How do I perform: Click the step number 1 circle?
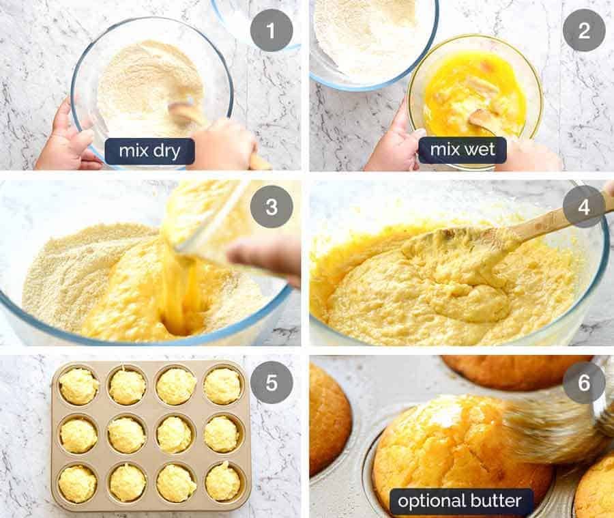pos(272,31)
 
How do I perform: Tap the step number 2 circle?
pos(584,31)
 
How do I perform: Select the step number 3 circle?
pos(272,206)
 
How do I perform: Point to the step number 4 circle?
pos(584,206)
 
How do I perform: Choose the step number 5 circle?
pos(272,382)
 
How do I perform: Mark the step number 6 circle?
pos(584,382)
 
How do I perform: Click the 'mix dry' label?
pos(149,151)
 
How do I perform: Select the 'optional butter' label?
pos(461,502)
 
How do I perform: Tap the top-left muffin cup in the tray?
pos(79,386)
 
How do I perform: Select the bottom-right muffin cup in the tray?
pos(223,482)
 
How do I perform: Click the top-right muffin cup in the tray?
pos(223,386)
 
